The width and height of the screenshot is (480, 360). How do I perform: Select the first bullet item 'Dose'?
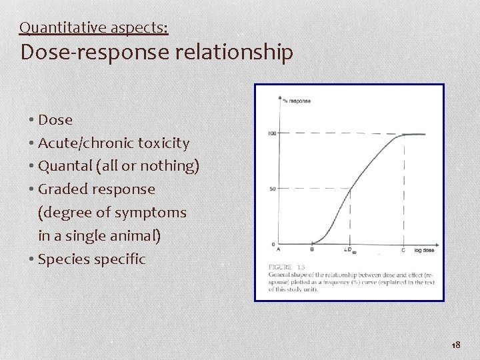[x=55, y=120]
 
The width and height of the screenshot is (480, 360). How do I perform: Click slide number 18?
[x=456, y=345]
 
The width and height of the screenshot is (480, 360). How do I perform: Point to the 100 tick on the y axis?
[x=271, y=133]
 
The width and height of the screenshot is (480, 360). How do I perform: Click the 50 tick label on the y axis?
[x=273, y=189]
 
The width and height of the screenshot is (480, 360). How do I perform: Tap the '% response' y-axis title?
[x=296, y=101]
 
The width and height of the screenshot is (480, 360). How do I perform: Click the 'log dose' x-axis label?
[x=424, y=250]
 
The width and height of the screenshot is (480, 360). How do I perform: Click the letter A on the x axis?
[x=278, y=250]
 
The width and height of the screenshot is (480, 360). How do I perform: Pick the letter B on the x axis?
[x=312, y=250]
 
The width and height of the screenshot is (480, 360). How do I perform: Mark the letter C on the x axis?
[x=403, y=250]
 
